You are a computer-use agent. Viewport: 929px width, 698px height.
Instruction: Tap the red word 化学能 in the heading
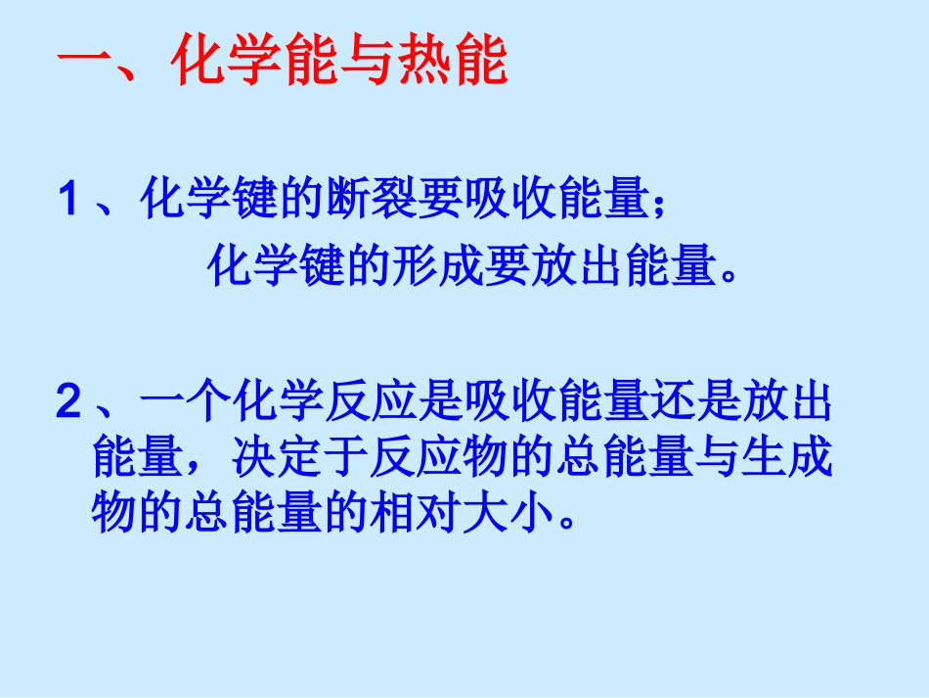click(x=254, y=64)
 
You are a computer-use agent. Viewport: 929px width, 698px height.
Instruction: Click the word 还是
click(x=671, y=402)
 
